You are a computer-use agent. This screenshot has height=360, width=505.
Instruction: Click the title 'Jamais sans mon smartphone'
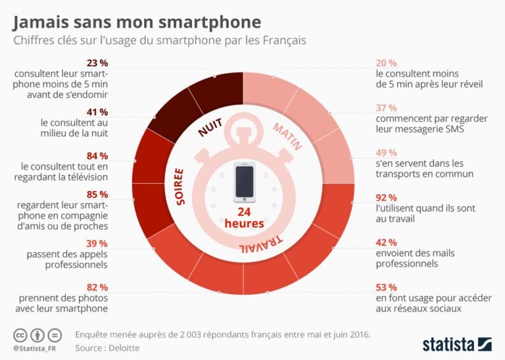(136, 23)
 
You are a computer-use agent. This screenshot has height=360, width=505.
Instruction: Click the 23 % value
(97, 63)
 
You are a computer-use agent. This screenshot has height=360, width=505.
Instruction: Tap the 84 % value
(97, 156)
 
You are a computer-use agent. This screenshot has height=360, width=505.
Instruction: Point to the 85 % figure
(97, 195)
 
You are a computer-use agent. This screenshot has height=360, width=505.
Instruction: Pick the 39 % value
(97, 243)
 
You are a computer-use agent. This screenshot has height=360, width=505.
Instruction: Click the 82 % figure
(97, 287)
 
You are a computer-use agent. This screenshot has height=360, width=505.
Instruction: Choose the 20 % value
(386, 63)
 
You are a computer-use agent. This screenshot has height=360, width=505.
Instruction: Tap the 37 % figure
(386, 107)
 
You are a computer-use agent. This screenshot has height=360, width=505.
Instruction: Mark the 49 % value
(386, 152)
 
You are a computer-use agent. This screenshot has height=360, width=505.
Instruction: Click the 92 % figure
(386, 197)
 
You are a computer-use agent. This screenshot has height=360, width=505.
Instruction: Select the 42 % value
(386, 242)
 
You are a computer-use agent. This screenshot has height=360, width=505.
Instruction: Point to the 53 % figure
(386, 287)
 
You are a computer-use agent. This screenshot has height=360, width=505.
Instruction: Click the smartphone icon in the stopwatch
(244, 184)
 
